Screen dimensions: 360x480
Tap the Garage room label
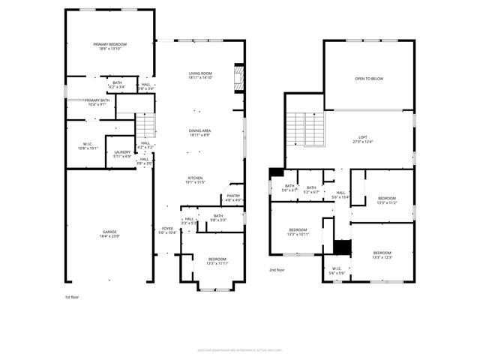(x=109, y=234)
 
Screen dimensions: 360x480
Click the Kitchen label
(x=196, y=179)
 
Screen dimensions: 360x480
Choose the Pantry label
(x=233, y=198)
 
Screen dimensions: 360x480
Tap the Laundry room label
(x=121, y=154)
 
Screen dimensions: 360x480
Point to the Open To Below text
(x=369, y=78)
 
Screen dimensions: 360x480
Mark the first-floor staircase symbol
(x=145, y=124)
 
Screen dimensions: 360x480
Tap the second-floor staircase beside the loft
(x=306, y=128)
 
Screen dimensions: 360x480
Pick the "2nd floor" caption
(x=277, y=269)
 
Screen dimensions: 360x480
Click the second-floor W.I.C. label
(x=337, y=270)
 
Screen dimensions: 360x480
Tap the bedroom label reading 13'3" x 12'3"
(x=382, y=255)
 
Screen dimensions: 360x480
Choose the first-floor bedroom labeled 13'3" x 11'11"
(x=217, y=261)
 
